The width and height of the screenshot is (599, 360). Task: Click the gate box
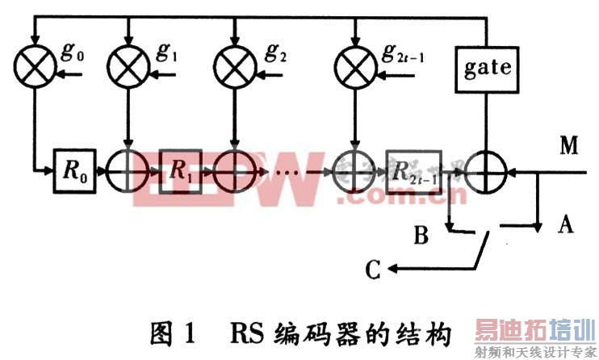(x=487, y=67)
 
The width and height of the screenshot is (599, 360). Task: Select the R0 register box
(x=76, y=170)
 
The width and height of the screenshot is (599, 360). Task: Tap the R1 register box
(x=181, y=170)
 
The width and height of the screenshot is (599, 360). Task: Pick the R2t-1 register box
(x=413, y=171)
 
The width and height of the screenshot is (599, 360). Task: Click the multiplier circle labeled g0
(x=33, y=67)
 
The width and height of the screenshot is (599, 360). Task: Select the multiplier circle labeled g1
(x=129, y=67)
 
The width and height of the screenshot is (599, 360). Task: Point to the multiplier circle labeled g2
(x=233, y=67)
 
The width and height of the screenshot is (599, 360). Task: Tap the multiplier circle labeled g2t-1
(x=353, y=67)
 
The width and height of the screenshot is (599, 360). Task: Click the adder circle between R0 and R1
(x=129, y=170)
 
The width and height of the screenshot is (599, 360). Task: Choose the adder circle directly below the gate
(x=487, y=170)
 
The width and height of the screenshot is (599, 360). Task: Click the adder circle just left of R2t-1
(x=353, y=170)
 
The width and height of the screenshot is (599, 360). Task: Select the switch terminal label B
(x=421, y=237)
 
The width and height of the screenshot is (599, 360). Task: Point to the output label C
(x=372, y=270)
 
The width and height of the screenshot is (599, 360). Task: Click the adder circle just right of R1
(x=233, y=170)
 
